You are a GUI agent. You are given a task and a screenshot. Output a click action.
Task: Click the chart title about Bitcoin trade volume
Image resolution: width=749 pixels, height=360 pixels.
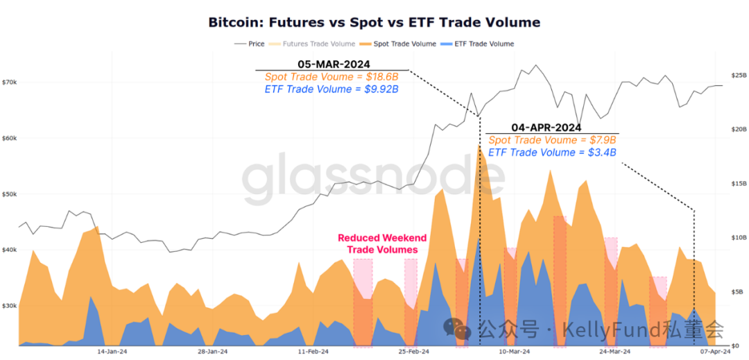tap(374, 22)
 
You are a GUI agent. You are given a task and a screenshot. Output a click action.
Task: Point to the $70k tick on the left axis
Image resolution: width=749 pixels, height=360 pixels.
tap(10, 83)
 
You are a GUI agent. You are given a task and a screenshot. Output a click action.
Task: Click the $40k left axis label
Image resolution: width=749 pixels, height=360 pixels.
tap(10, 250)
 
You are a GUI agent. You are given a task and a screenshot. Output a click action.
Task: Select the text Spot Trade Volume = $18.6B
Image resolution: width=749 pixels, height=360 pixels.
tap(332, 76)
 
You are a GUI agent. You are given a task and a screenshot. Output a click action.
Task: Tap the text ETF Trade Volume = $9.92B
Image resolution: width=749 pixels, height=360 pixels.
tap(332, 89)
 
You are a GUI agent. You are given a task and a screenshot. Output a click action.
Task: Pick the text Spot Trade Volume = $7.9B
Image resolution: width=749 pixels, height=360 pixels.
tap(552, 140)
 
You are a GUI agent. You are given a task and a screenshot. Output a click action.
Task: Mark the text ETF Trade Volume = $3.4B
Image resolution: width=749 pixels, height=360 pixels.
tap(552, 153)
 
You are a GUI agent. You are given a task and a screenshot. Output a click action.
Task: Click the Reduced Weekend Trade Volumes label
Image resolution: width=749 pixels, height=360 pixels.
tap(382, 243)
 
